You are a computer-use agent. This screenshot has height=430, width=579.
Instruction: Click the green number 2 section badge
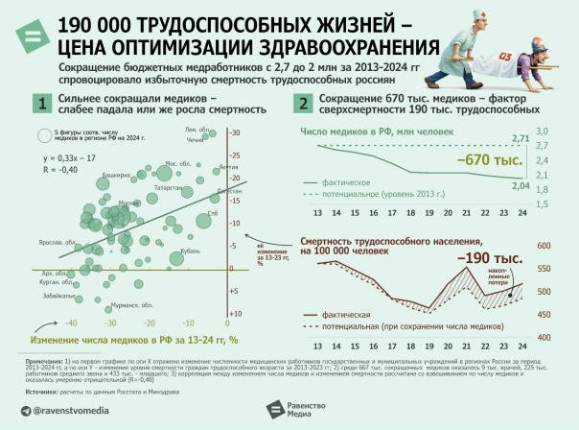click(x=304, y=104)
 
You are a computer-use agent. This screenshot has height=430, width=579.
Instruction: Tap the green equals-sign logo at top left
click(x=30, y=36)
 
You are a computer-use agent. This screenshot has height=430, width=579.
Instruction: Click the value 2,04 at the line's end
click(x=521, y=185)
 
